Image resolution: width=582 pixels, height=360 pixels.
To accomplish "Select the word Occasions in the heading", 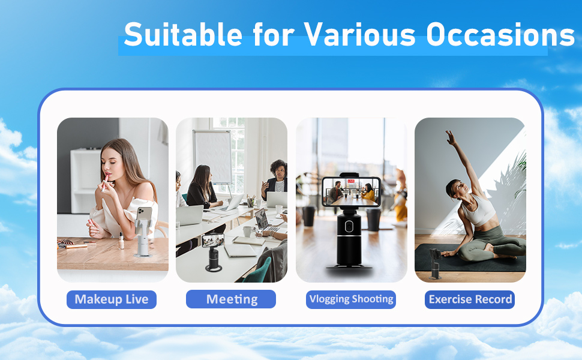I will point(500,34).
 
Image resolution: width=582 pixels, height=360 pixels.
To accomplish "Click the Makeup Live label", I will point(112,299).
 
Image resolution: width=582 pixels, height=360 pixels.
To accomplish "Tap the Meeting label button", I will point(231,299).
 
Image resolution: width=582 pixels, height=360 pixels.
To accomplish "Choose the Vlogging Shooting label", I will point(351,299).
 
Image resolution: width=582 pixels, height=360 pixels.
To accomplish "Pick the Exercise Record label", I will point(470,299).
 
